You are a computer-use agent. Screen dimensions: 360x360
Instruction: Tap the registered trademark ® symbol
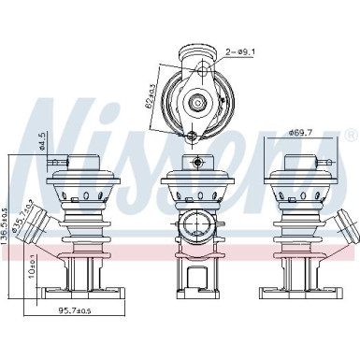[351, 136]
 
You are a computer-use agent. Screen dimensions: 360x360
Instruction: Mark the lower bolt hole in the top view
[192, 137]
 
